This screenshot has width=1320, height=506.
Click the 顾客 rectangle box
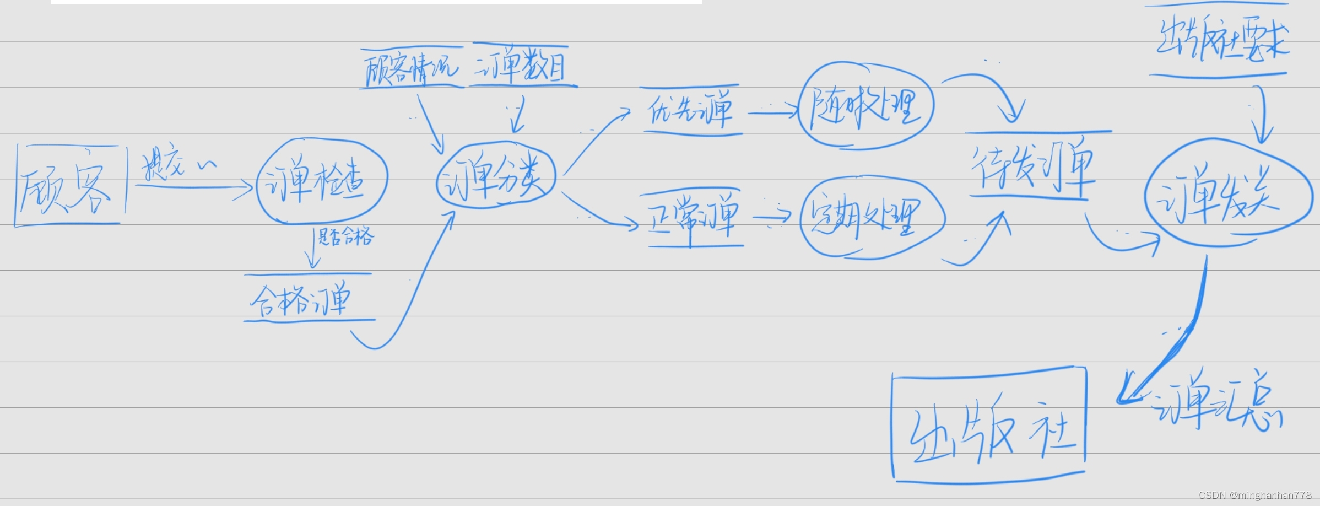pos(69,186)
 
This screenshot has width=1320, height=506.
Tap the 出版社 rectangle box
pos(989,425)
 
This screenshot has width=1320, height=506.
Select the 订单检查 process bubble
pos(322,180)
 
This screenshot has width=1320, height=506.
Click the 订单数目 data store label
pos(521,66)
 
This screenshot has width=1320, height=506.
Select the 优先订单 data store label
pos(691,110)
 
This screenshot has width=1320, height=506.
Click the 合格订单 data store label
pos(301,298)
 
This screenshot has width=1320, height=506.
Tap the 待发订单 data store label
pos(1032,168)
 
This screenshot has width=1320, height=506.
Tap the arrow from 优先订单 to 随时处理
pos(771,113)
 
